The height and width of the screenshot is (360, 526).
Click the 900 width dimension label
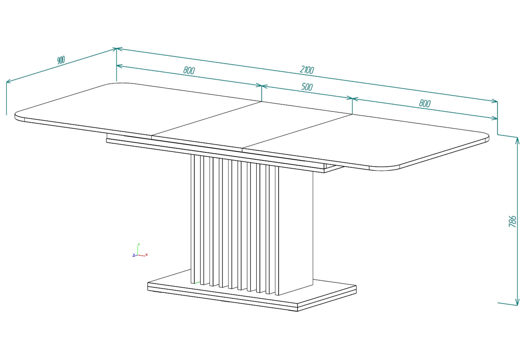[x=61, y=60]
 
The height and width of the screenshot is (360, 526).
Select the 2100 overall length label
[x=307, y=70]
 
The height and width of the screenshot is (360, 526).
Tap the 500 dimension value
[x=307, y=87]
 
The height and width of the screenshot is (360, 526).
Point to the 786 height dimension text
[x=513, y=221]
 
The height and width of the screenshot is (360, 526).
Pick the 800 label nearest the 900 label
[x=189, y=70]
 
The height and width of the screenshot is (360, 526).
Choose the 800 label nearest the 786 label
[x=425, y=103]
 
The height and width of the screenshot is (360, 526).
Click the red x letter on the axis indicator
[x=146, y=255]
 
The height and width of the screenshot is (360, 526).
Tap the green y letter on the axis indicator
[x=139, y=244]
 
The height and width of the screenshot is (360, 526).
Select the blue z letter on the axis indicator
[x=134, y=255]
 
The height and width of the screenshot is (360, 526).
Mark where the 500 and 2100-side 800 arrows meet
[x=352, y=99]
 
